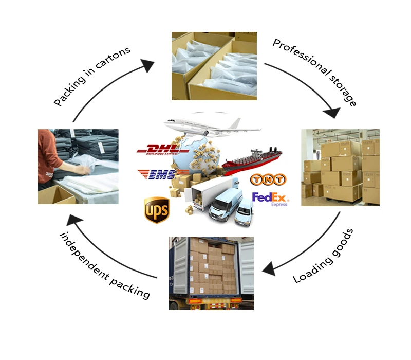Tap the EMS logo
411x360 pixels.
pyautogui.click(x=157, y=174)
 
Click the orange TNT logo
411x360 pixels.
pyautogui.click(x=268, y=179)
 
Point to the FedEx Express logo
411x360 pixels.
pyautogui.click(x=270, y=199)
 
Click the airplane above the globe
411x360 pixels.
pyautogui.click(x=203, y=125)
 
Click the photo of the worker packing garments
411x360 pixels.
pyautogui.click(x=78, y=167)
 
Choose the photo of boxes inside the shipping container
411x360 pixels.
pyautogui.click(x=211, y=273)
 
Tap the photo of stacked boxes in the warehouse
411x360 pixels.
pyautogui.click(x=340, y=168)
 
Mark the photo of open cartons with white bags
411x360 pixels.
pyautogui.click(x=214, y=66)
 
